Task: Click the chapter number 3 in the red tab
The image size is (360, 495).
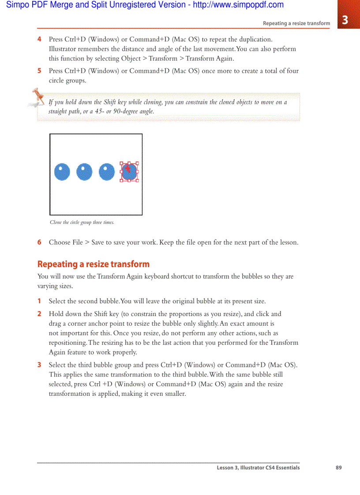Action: (x=345, y=20)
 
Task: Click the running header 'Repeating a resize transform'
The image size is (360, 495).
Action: (x=296, y=23)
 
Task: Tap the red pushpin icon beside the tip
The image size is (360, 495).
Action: (x=37, y=97)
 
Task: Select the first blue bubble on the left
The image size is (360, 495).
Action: (x=62, y=172)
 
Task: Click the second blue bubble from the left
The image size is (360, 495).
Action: (x=84, y=172)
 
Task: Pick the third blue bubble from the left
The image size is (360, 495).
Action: (x=107, y=172)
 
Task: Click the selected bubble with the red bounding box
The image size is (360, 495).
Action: (x=129, y=172)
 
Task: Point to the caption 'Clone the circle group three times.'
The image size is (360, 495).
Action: (x=82, y=223)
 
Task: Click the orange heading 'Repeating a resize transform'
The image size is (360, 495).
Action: (x=93, y=264)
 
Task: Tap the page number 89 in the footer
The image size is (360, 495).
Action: (x=338, y=468)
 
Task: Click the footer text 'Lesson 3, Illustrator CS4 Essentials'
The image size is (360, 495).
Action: (x=258, y=468)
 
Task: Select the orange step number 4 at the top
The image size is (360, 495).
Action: (x=39, y=39)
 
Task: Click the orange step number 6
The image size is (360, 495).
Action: (x=39, y=242)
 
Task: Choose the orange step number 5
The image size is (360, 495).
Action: (x=39, y=71)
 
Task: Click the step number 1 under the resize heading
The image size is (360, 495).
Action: (x=39, y=301)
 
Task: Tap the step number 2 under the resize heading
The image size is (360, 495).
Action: (x=39, y=314)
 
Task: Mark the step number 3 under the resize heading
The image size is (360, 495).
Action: (x=39, y=365)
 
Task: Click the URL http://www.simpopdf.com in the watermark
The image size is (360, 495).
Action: (x=238, y=5)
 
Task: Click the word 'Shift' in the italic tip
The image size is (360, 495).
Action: (x=110, y=102)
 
